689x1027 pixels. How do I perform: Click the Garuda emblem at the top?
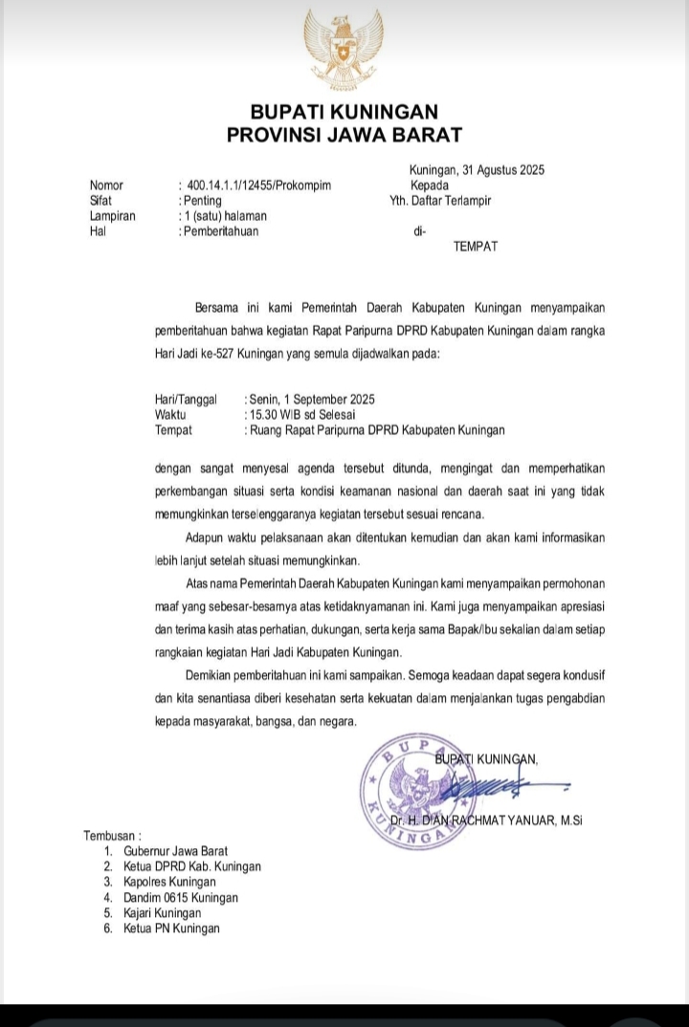click(344, 49)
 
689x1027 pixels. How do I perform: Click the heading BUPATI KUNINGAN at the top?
click(344, 113)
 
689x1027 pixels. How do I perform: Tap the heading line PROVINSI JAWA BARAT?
click(344, 136)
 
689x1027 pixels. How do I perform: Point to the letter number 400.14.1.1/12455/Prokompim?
click(259, 186)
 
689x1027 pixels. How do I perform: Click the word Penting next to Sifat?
click(202, 201)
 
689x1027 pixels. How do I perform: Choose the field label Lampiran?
click(112, 216)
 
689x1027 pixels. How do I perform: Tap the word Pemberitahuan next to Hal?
click(220, 230)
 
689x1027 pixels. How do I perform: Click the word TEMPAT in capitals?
click(476, 247)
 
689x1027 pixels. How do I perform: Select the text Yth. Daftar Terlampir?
click(440, 201)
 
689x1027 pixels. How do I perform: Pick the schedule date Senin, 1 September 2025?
click(311, 400)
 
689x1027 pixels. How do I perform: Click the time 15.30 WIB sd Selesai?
click(300, 415)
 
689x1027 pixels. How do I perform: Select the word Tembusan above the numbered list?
click(112, 836)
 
